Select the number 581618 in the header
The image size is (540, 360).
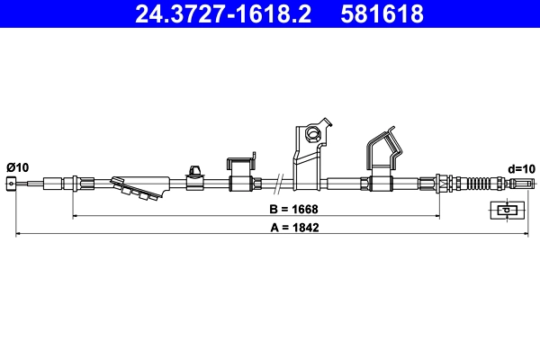pos(382,14)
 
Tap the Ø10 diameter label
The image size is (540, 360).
pos(17,167)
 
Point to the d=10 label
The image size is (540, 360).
pos(521,168)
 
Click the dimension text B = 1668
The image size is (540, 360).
pos(293,208)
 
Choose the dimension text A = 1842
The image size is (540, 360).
pos(293,228)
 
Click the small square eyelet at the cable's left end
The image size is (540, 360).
pos(12,185)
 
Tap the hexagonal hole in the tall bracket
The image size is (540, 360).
pos(313,135)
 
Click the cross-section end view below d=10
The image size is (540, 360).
pos(506,211)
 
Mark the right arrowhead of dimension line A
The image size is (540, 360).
pos(523,236)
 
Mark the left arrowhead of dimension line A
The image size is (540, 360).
pos(18,236)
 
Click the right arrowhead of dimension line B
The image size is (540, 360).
pos(437,216)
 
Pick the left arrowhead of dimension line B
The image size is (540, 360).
pos(75,216)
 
